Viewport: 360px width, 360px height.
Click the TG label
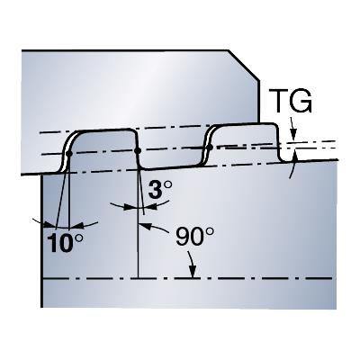tap(290, 101)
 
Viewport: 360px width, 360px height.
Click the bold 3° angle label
tap(160, 190)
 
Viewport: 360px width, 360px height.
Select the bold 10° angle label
tap(65, 242)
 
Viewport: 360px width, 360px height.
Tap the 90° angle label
tap(195, 236)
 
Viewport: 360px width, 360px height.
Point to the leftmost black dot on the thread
tap(69, 154)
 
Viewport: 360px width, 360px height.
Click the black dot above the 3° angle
tap(138, 150)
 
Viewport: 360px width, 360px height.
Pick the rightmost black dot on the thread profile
tap(210, 147)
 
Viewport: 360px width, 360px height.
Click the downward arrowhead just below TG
tap(293, 134)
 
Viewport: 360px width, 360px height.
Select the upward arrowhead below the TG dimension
tap(294, 157)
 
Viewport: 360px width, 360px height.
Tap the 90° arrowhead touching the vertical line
tap(143, 226)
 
